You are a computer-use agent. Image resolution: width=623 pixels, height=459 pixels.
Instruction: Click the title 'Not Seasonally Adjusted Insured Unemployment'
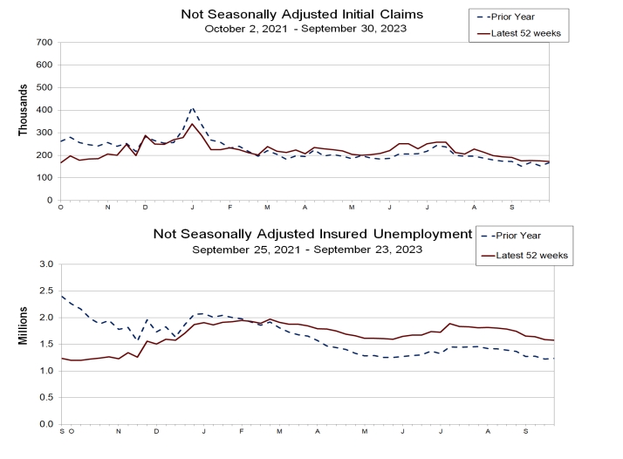(x=312, y=234)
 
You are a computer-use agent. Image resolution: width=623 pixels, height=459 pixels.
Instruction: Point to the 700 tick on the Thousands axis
(x=44, y=42)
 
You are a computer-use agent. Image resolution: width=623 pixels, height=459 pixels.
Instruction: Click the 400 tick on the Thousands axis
(x=44, y=110)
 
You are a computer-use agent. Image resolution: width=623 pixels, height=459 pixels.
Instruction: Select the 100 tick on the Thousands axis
(x=44, y=178)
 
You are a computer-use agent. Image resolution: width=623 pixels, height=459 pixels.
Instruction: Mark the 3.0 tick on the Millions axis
(x=46, y=264)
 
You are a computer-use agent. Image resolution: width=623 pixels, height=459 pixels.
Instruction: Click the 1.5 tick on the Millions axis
(x=46, y=344)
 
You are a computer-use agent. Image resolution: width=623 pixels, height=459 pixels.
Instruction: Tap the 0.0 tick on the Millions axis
(x=46, y=424)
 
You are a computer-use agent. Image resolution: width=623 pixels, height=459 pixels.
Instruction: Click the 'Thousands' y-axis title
(x=24, y=110)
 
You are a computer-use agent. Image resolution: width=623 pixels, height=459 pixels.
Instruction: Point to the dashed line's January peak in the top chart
(x=192, y=108)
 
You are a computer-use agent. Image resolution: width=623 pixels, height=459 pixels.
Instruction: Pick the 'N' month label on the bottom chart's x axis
(x=119, y=432)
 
